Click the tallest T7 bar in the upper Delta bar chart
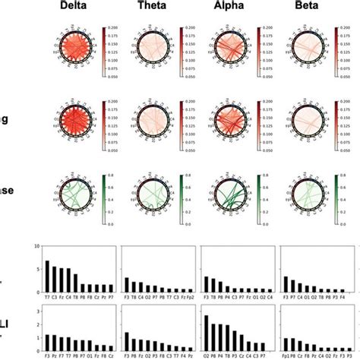pos(47,277)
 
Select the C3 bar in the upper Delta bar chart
pos(55,279)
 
